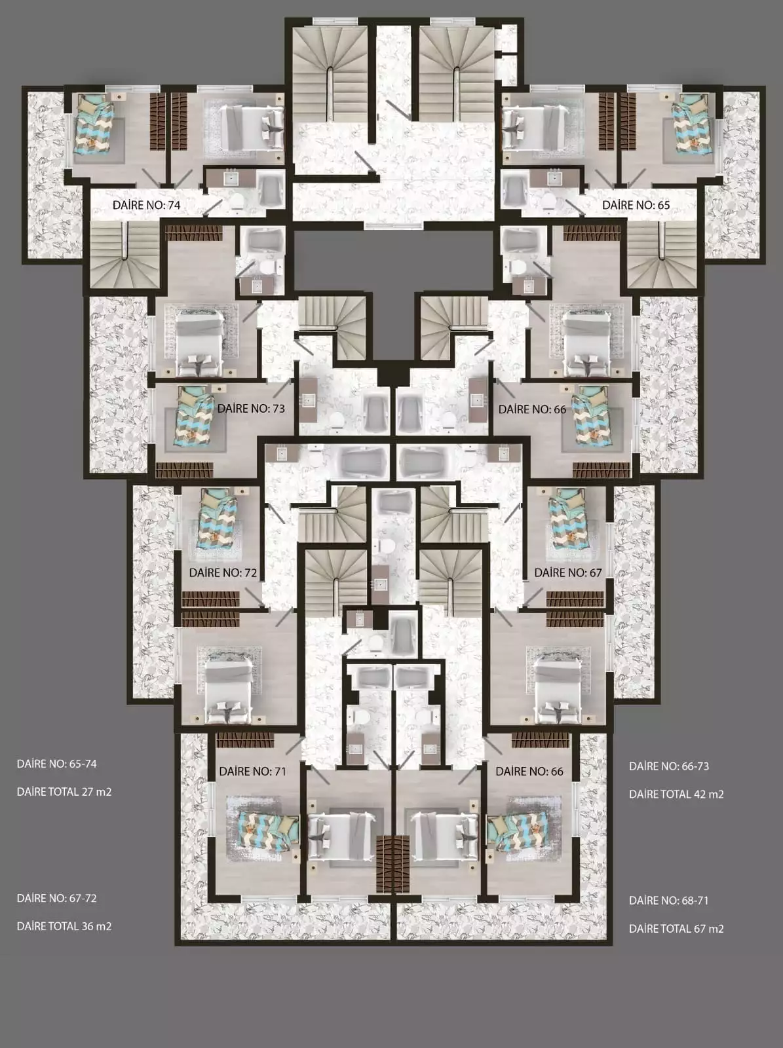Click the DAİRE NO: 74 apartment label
(x=146, y=205)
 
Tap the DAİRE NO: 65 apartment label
(x=636, y=205)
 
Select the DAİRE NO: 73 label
(x=251, y=409)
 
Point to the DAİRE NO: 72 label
(x=223, y=572)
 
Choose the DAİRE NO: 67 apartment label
(x=568, y=572)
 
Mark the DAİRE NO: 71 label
(x=252, y=771)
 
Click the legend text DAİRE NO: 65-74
(x=57, y=764)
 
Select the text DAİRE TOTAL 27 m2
(x=64, y=792)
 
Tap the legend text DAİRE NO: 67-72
(x=57, y=898)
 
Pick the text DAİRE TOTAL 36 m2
(x=64, y=926)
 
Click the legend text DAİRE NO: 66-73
(x=669, y=766)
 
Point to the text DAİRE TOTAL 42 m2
(x=676, y=795)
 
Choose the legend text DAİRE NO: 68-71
(x=668, y=901)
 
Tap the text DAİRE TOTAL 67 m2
(x=676, y=929)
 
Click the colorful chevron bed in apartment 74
(x=94, y=124)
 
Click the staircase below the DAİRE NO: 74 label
(x=125, y=255)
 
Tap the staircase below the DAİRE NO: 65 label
(x=662, y=255)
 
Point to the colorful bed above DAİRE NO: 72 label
(x=218, y=519)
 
